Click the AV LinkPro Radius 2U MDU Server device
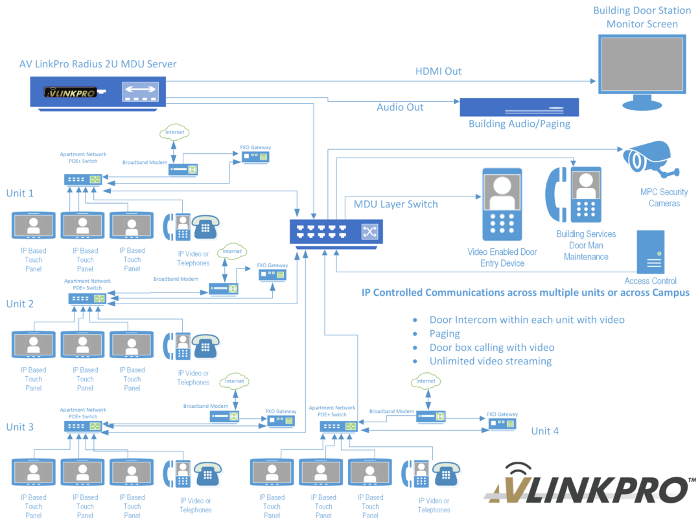coord(97,91)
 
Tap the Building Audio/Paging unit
coord(519,106)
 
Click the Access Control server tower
coord(651,251)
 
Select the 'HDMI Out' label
coord(438,71)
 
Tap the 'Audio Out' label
coord(400,107)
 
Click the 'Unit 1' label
coord(20,193)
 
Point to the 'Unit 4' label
coord(544,431)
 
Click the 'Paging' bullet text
coord(445,334)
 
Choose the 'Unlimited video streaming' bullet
coord(490,361)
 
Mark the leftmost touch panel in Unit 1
coord(35,226)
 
